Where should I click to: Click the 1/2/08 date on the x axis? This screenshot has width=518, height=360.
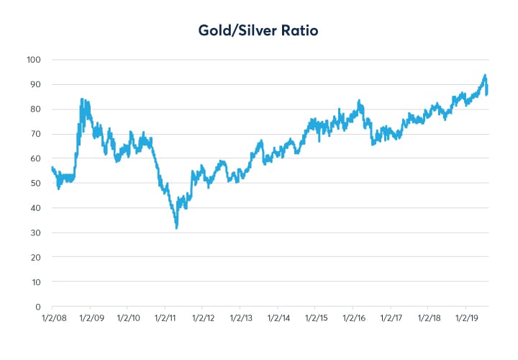coord(52,318)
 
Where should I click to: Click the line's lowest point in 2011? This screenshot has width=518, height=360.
coord(176,228)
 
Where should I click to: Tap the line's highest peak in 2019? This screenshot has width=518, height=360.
coord(486,75)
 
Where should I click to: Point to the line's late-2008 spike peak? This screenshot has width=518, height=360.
coord(81,99)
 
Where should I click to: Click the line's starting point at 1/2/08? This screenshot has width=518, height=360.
coord(52,167)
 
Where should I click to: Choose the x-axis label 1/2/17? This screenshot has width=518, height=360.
coord(391,318)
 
